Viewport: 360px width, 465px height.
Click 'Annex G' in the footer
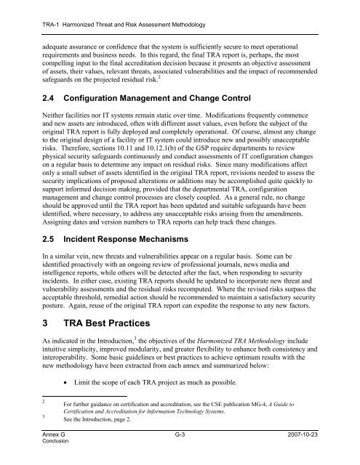36,442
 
